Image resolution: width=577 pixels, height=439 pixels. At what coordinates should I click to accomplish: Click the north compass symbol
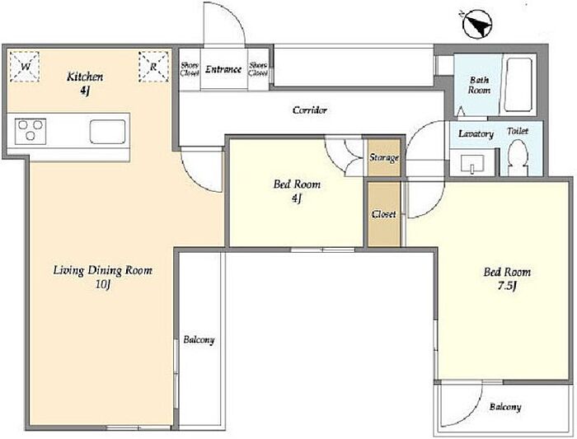click(x=477, y=24)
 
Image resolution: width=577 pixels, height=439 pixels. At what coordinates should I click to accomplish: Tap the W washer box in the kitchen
click(x=25, y=66)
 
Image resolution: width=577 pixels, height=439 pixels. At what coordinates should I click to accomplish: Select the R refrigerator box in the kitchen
click(x=153, y=67)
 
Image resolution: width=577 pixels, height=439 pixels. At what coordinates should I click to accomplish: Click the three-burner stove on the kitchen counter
click(x=30, y=131)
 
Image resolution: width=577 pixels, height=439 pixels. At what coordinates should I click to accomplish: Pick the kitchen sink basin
click(x=107, y=131)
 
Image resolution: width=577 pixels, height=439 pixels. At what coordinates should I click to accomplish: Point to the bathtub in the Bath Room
click(x=518, y=84)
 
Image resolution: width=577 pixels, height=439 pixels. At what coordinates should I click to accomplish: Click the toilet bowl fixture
click(x=518, y=157)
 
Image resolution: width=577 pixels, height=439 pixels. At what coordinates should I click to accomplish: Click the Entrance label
click(x=223, y=69)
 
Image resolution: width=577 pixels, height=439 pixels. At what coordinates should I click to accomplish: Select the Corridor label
click(x=310, y=110)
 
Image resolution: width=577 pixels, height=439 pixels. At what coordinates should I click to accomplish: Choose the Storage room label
click(x=384, y=157)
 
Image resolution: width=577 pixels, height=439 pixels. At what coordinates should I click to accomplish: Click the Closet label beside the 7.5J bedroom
click(x=384, y=214)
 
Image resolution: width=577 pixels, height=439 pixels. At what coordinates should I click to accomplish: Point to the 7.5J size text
click(x=507, y=286)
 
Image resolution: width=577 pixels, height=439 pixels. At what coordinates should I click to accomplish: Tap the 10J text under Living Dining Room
click(x=103, y=284)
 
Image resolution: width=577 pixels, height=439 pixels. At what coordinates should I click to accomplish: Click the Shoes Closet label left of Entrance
click(x=190, y=69)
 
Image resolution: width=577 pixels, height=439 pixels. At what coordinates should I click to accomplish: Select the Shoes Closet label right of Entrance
click(x=258, y=69)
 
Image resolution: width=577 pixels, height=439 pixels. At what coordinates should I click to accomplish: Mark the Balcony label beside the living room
click(x=199, y=339)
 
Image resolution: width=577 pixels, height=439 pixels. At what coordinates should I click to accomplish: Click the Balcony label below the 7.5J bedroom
click(x=505, y=407)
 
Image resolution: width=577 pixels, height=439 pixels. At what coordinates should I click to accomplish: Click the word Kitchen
click(x=85, y=77)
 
